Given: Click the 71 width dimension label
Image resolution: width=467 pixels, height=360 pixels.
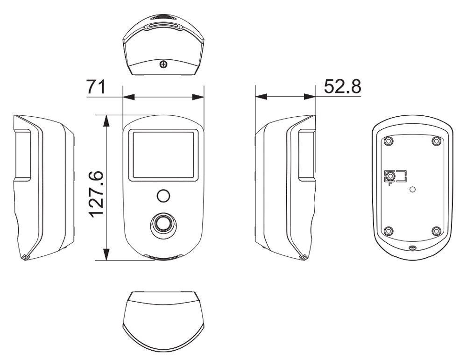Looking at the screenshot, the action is point(96,87).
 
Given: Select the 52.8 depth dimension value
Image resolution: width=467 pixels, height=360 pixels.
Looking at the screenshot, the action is point(342,86).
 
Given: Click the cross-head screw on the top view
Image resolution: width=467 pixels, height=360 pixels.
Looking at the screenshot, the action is point(163,64).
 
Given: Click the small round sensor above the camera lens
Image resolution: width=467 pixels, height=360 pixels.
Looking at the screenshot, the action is point(163,196).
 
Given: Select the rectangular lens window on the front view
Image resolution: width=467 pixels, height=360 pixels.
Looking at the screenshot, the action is point(163,155).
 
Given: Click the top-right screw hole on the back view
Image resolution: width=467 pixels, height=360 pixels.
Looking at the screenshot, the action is point(437,141).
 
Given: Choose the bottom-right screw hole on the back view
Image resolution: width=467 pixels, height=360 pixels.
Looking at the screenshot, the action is point(437,231).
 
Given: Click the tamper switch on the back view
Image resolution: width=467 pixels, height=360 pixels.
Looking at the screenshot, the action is point(389,177).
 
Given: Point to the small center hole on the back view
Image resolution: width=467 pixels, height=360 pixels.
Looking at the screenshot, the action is point(412,189).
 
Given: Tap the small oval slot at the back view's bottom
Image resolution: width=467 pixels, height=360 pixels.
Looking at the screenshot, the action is point(412,247).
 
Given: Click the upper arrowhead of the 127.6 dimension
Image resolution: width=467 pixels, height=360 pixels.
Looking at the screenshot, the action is point(106,121).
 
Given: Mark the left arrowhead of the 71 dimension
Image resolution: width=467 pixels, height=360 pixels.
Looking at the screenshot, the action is point(129,97).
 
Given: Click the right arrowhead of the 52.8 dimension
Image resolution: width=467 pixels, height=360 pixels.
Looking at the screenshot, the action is point(310,97).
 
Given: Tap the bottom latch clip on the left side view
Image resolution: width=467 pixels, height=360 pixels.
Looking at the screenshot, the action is point(26,257).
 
